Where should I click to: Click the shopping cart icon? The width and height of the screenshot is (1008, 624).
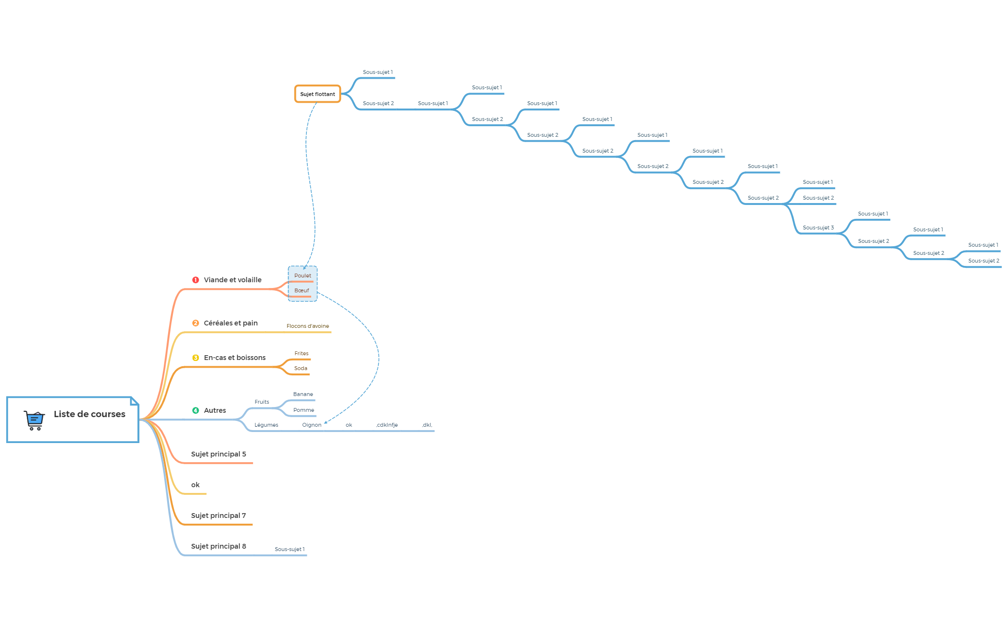pos(34,420)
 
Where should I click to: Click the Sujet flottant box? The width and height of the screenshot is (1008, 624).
pos(317,94)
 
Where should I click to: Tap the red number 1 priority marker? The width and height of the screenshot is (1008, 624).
pos(195,280)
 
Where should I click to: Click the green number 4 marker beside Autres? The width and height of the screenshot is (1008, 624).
pos(195,410)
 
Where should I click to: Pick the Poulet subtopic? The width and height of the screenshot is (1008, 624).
pos(303,276)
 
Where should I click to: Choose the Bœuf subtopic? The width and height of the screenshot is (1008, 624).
pos(302,290)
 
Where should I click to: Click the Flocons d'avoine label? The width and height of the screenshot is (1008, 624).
pos(308,326)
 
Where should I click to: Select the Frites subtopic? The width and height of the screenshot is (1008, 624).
pos(302,353)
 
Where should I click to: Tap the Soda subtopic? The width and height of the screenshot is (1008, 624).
pos(301,368)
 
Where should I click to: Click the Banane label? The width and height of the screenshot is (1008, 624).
pos(303,394)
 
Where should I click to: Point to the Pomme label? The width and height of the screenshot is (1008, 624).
pos(304,410)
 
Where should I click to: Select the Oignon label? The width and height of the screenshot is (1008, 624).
pos(312,425)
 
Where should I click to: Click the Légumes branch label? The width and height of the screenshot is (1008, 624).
pos(266,425)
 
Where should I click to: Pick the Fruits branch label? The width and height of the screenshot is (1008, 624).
pos(262,402)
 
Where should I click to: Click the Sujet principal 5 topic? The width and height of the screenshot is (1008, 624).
pos(219,454)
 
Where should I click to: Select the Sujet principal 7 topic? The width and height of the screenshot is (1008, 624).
pos(219,516)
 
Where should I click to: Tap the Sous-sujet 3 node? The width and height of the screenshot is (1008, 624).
pos(818,228)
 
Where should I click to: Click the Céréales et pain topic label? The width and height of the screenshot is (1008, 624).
pos(231,323)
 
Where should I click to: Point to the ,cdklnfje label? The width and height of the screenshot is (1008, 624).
pos(387,425)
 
